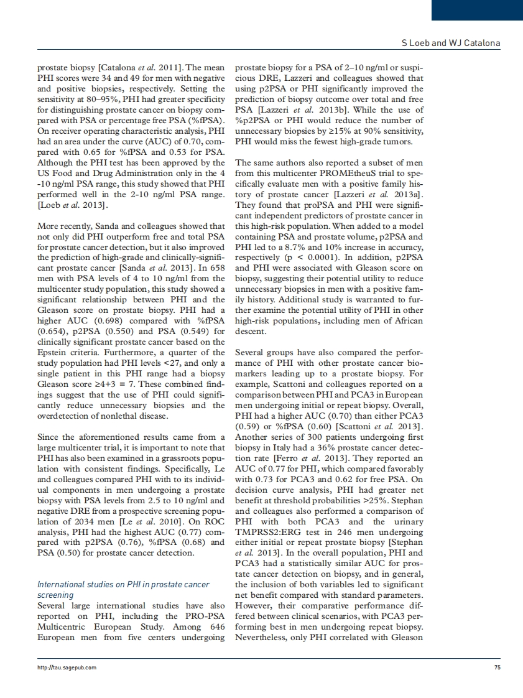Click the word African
(x=405, y=320)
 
